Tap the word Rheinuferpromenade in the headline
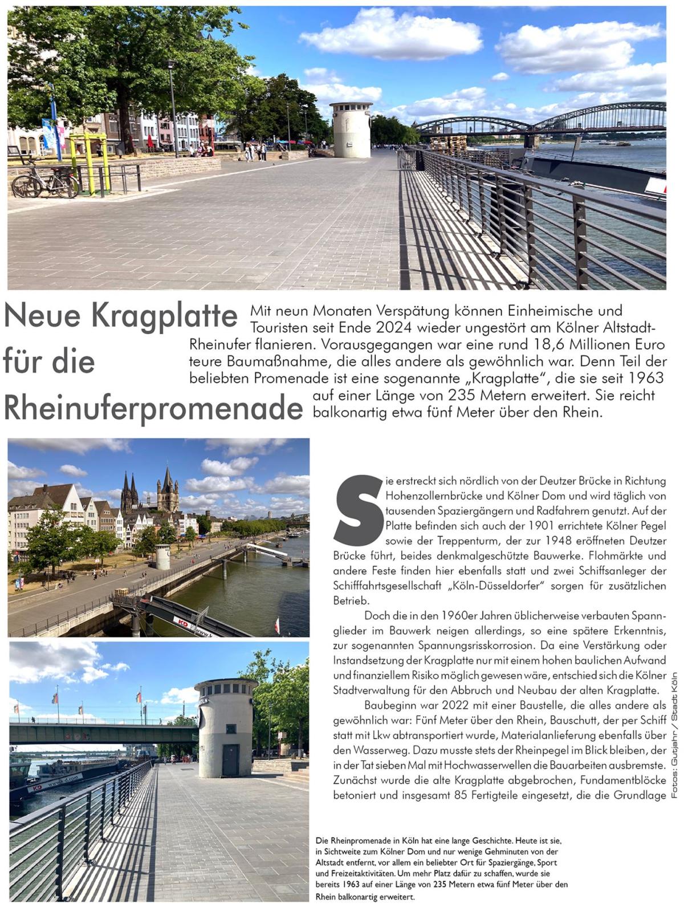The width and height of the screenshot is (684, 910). (x=153, y=407)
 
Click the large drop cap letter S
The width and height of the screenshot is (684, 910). (x=359, y=510)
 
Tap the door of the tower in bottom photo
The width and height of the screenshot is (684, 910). (x=230, y=759)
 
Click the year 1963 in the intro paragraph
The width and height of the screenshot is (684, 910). (x=645, y=378)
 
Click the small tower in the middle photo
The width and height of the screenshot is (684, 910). (x=163, y=556)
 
